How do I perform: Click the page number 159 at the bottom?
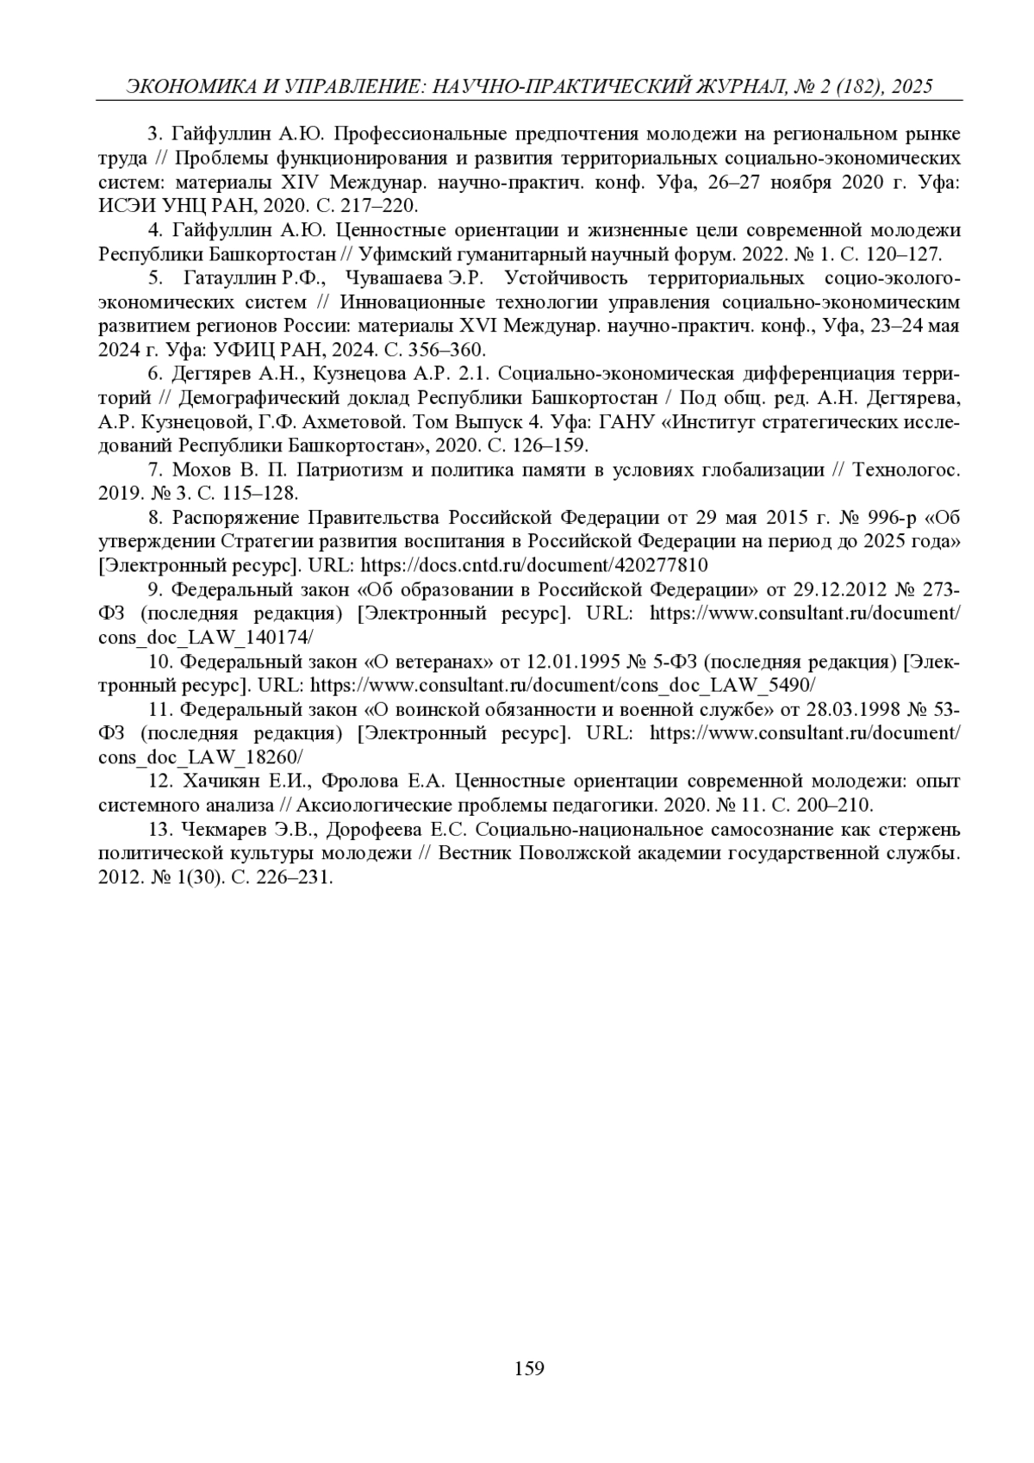point(529,1368)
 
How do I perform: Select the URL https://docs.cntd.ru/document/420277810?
point(534,565)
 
